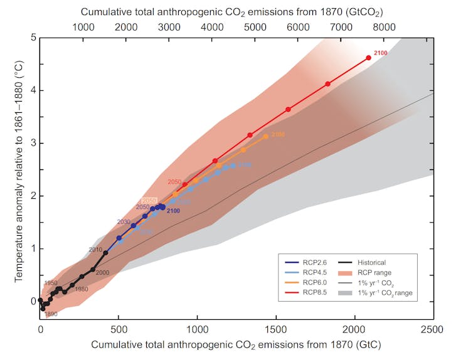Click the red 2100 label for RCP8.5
pyautogui.click(x=380, y=53)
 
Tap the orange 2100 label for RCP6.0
pyautogui.click(x=278, y=134)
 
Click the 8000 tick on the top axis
pyautogui.click(x=383, y=28)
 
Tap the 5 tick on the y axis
pyautogui.click(x=32, y=38)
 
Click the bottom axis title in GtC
pyautogui.click(x=236, y=344)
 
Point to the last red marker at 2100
pyautogui.click(x=368, y=58)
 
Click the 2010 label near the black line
pyautogui.click(x=95, y=250)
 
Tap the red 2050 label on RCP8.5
pyautogui.click(x=174, y=181)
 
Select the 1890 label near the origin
pyautogui.click(x=50, y=313)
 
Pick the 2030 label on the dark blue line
pyautogui.click(x=124, y=222)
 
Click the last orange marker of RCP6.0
pyautogui.click(x=266, y=136)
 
